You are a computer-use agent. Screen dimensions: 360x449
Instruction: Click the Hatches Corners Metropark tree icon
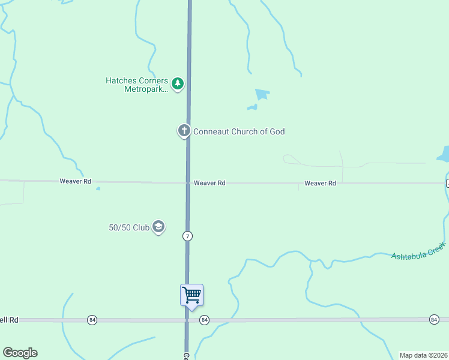177,83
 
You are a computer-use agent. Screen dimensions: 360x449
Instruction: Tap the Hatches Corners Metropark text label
137,85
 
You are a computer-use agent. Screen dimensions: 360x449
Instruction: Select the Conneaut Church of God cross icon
184,130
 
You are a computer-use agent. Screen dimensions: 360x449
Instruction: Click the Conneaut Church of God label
238,131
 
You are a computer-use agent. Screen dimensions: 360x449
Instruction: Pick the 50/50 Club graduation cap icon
158,227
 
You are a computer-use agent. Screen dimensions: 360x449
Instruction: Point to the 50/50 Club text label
128,227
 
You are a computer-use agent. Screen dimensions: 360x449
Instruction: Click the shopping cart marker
191,295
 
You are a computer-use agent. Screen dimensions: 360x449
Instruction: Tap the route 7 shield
188,236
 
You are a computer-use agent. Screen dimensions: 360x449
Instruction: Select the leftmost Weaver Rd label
75,181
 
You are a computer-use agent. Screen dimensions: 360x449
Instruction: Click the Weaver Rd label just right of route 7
209,183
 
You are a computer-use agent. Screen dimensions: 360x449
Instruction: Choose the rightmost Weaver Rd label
320,183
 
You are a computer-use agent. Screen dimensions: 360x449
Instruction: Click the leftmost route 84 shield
92,320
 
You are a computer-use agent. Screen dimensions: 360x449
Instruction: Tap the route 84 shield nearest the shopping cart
205,320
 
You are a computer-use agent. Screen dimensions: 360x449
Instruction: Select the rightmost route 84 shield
434,319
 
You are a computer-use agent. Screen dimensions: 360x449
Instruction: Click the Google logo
20,353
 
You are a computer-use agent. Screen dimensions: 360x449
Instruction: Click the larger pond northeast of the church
262,94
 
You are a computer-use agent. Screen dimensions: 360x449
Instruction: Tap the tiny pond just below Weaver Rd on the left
98,188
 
